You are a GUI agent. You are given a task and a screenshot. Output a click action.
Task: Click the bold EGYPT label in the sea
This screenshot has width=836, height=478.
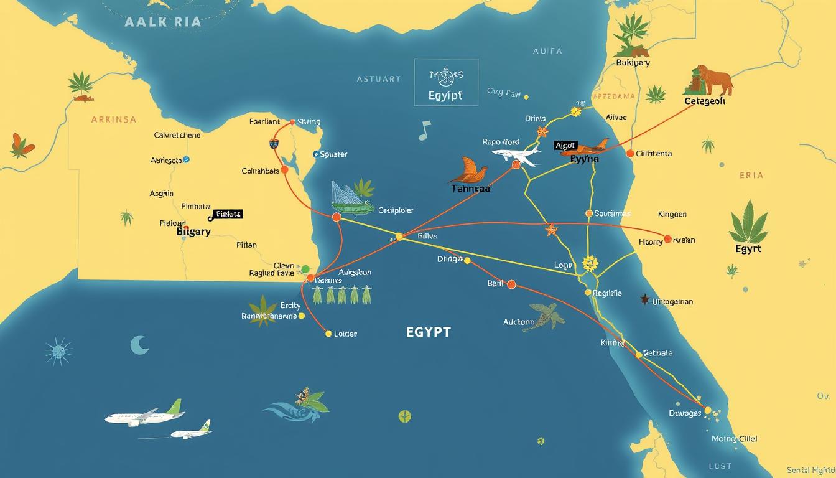click(x=428, y=332)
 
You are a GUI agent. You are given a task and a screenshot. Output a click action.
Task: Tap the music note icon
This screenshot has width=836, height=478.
click(x=424, y=129)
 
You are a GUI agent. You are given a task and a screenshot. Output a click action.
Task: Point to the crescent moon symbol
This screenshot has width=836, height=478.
click(x=139, y=345)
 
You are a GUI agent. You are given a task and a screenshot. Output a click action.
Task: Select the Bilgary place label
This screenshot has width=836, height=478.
click(x=193, y=232)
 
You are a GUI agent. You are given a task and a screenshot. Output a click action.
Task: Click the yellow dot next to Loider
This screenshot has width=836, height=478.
click(x=328, y=334)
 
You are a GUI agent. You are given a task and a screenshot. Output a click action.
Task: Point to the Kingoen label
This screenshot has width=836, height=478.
click(x=672, y=214)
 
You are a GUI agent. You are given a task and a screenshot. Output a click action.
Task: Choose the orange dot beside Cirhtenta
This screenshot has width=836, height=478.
click(x=630, y=153)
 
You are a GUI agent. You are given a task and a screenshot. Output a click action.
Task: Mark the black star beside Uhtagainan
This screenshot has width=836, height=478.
click(x=644, y=299)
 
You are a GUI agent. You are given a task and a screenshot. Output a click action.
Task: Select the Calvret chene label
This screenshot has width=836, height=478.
click(x=177, y=135)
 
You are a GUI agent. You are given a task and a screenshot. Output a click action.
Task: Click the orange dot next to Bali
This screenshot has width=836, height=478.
click(x=511, y=284)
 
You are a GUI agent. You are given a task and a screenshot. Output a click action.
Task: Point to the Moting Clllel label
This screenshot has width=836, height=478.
click(x=734, y=439)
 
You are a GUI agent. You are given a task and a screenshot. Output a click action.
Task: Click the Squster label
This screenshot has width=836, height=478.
click(x=333, y=154)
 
